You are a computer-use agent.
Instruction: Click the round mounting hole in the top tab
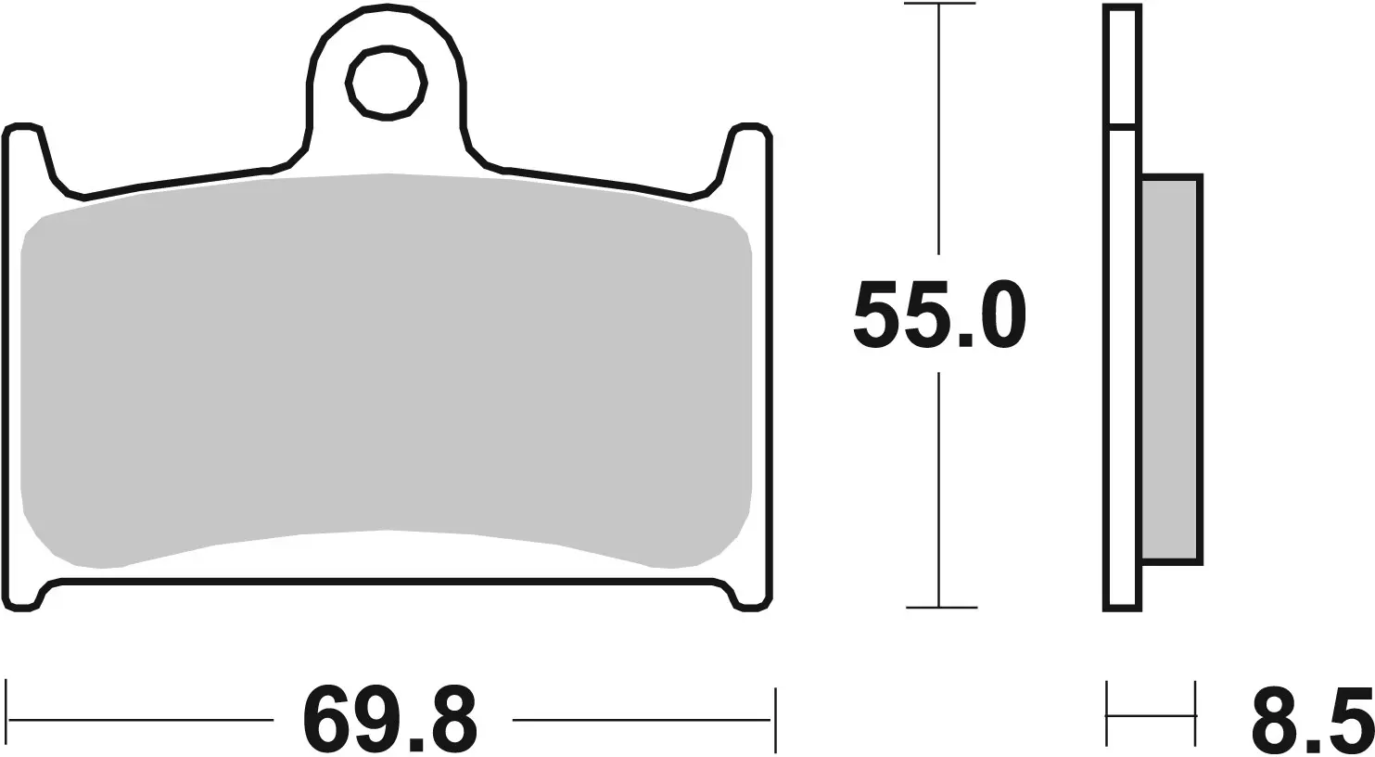(387, 83)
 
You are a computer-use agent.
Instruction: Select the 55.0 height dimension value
(938, 314)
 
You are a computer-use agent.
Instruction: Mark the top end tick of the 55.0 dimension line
(939, 5)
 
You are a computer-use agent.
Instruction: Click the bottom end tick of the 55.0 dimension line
(940, 608)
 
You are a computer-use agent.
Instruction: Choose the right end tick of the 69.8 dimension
(772, 719)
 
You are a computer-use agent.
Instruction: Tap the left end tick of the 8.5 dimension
(1107, 715)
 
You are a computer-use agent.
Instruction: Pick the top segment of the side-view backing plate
(1122, 65)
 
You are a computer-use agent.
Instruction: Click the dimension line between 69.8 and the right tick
(640, 719)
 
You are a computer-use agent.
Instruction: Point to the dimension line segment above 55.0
(939, 130)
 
